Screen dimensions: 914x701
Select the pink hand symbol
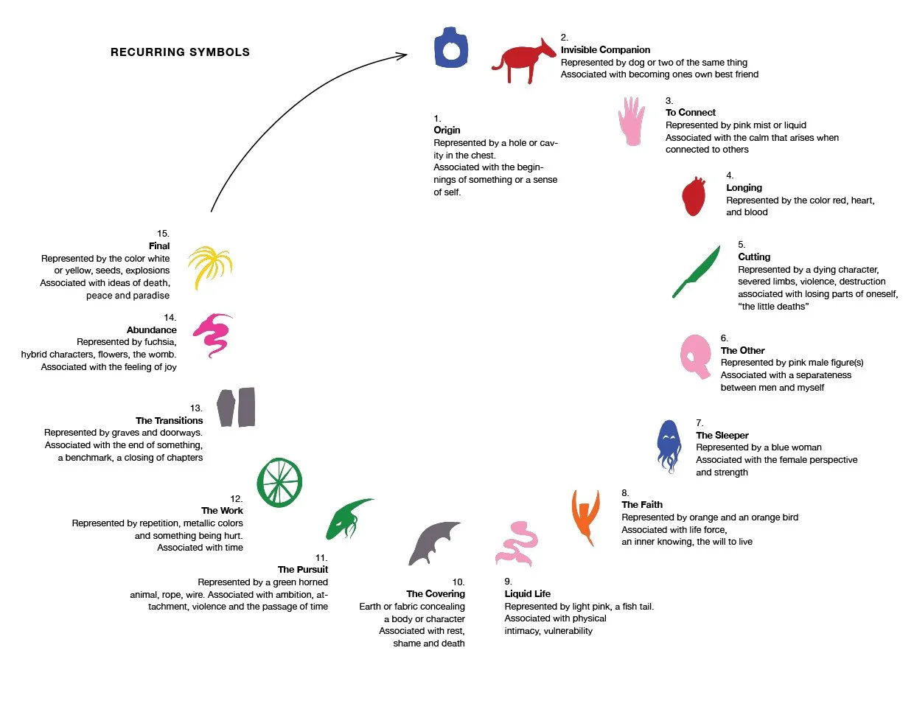click(x=631, y=121)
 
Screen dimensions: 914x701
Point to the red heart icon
click(x=693, y=196)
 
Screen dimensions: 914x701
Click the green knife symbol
click(x=696, y=271)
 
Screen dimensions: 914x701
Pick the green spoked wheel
click(x=279, y=482)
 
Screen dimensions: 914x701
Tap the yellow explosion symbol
click(x=209, y=267)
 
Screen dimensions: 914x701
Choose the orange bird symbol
click(x=585, y=517)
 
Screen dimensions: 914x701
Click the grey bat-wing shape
click(x=433, y=543)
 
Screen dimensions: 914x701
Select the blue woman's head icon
click(x=669, y=446)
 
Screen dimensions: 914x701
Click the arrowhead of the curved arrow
click(x=402, y=55)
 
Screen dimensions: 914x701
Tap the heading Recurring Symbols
click(x=180, y=52)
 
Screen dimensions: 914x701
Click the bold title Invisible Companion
click(x=605, y=49)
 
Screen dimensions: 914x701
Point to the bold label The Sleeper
click(x=722, y=435)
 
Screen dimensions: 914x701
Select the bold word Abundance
click(x=151, y=329)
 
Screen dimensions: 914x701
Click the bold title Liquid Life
click(x=528, y=593)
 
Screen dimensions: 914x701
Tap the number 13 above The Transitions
click(x=196, y=408)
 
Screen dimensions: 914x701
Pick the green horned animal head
click(x=347, y=519)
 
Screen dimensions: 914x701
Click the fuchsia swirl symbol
click(x=212, y=335)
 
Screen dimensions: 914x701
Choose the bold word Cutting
click(x=754, y=257)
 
